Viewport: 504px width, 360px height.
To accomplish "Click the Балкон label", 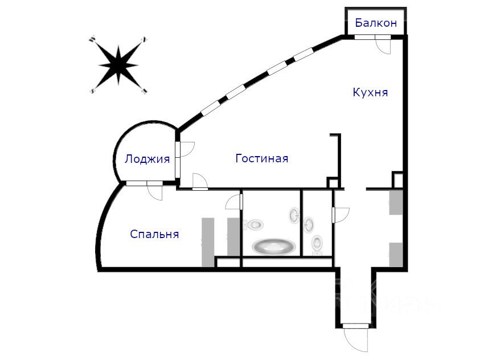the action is (x=375, y=23).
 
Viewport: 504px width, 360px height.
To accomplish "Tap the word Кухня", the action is (x=370, y=92).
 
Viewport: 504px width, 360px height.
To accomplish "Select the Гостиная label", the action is (x=261, y=158).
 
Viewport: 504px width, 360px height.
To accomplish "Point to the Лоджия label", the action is (x=147, y=159).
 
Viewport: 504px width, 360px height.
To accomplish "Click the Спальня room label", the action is (x=154, y=234).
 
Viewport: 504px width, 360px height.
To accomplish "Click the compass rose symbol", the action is (x=118, y=64).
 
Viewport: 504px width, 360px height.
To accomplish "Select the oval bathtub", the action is (x=274, y=247).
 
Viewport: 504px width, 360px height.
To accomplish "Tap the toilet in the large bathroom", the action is (x=255, y=224).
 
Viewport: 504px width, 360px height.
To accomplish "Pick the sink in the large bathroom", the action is (x=294, y=216).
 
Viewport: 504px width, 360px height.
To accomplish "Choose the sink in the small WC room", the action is (x=310, y=223).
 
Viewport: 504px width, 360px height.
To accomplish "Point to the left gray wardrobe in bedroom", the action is (x=208, y=242).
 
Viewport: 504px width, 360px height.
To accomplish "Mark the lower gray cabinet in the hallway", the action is (x=396, y=253).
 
